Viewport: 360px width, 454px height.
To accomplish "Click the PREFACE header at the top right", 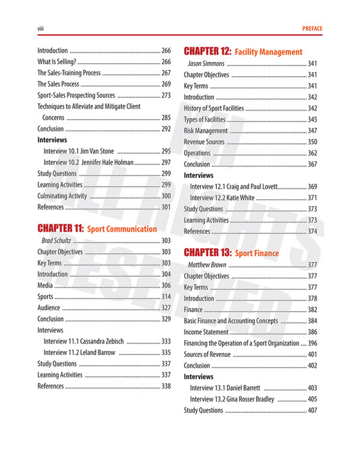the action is coord(309,28).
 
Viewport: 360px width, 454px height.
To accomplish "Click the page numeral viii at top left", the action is coord(40,28).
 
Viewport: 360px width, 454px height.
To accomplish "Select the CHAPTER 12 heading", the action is coord(208,51).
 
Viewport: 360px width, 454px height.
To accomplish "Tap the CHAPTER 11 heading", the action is coord(61,228).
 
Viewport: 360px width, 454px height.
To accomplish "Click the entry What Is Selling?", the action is coord(56,62).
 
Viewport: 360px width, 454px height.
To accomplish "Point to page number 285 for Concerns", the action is coord(165,117).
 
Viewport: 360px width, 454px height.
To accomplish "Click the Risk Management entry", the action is coord(206,131).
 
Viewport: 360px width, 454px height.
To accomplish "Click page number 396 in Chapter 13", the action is coord(311,343).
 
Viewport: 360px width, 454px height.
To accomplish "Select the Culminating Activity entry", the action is coord(63,195).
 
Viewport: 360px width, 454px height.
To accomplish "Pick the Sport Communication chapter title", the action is coord(122,229).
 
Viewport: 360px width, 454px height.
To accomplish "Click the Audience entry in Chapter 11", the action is coord(49,307).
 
